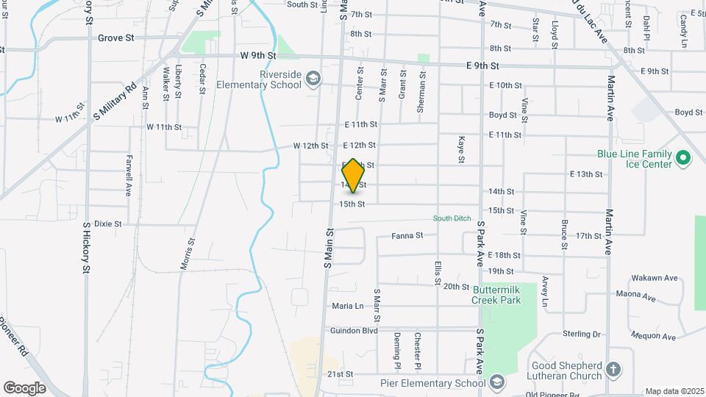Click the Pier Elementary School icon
pos(498,382)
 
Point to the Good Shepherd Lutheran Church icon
pos(615,368)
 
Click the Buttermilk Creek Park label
pos(496,295)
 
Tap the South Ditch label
pos(451,218)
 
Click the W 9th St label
pos(257,56)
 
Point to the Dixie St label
pos(107,223)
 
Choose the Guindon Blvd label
pos(354,331)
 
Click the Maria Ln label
pos(348,306)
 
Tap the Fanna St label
pos(407,236)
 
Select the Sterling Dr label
pos(582,334)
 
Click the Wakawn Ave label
pos(654,279)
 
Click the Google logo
pos(24,387)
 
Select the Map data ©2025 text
pos(674,391)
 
